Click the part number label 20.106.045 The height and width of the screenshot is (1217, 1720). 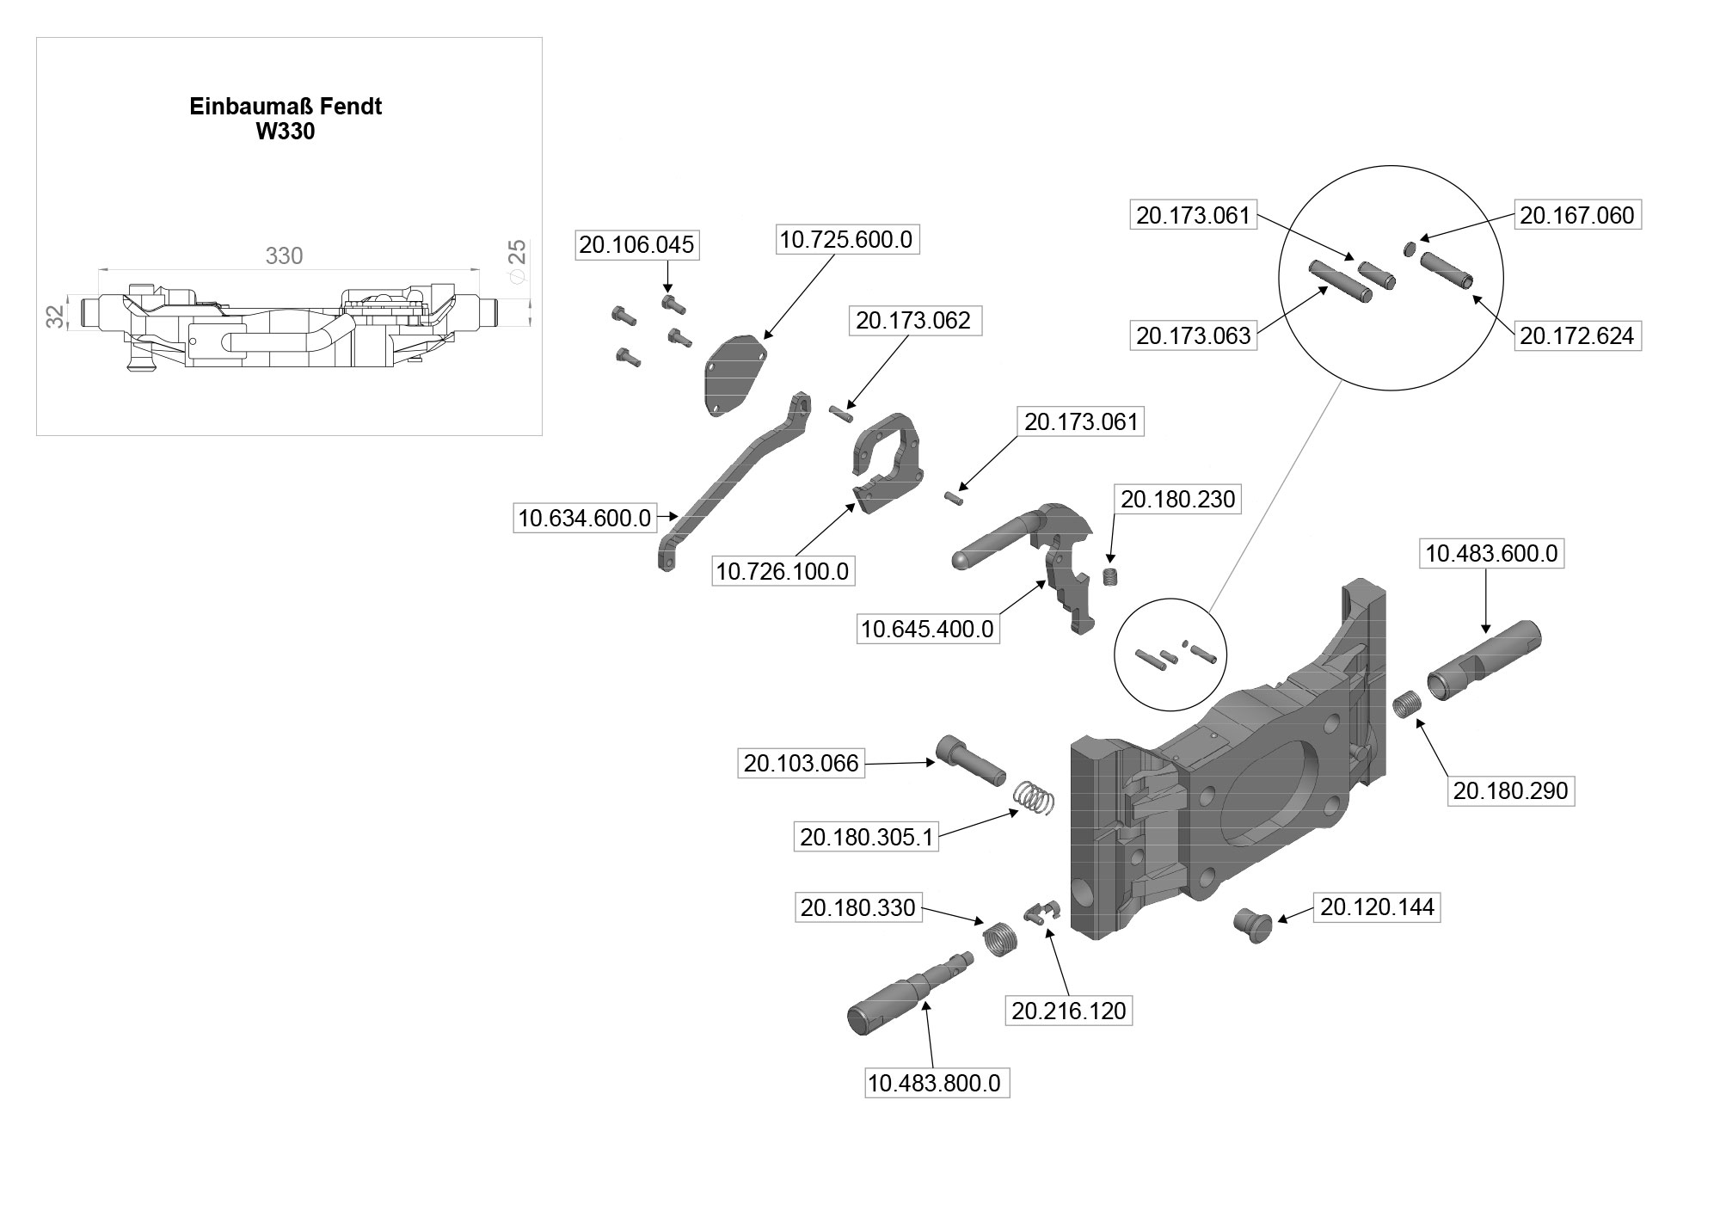pyautogui.click(x=636, y=245)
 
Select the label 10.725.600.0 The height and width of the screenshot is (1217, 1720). pyautogui.click(x=845, y=239)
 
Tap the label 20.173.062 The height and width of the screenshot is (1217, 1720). pyautogui.click(x=912, y=321)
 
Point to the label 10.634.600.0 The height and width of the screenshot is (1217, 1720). pyautogui.click(x=584, y=519)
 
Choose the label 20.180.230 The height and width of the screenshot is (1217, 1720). pyautogui.click(x=1177, y=500)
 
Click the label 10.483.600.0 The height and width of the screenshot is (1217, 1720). pyautogui.click(x=1491, y=554)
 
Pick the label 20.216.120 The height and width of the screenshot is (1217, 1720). pyautogui.click(x=1068, y=1011)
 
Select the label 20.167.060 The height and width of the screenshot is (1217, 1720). pyautogui.click(x=1576, y=215)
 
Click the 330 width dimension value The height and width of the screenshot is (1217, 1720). pyautogui.click(x=284, y=256)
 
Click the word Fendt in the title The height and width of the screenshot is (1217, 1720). pyautogui.click(x=351, y=107)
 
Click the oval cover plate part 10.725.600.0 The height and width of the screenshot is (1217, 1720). pyautogui.click(x=735, y=375)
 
